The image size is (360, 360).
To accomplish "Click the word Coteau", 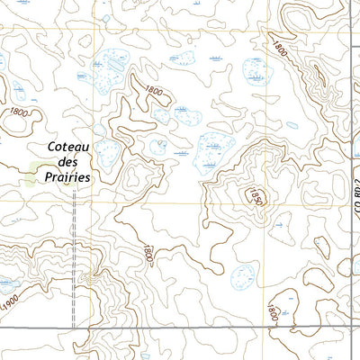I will (69, 148).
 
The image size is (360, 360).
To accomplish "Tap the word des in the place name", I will (68, 163).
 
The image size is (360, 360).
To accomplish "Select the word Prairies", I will (69, 178).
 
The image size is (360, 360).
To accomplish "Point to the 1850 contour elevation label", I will (254, 198).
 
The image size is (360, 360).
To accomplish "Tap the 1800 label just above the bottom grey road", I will (272, 312).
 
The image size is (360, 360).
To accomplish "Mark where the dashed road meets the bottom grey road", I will (72, 327).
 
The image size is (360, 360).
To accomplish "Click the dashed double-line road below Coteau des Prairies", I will (72, 270).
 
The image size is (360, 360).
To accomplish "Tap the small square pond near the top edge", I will (107, 17).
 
